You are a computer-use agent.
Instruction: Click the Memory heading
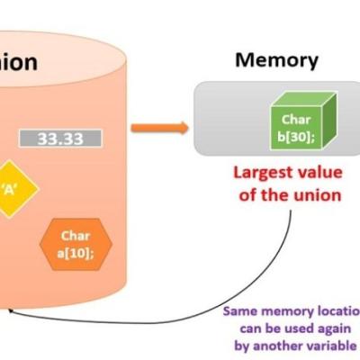[276, 60]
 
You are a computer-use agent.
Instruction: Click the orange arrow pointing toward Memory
[159, 127]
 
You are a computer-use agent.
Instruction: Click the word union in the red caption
[314, 194]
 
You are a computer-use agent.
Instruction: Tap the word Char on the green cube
[295, 119]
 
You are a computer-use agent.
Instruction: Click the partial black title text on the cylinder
[18, 62]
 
